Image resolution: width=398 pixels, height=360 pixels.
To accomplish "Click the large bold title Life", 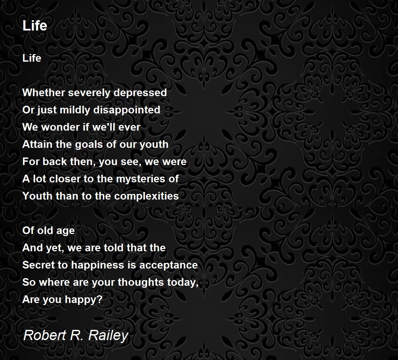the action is [35, 26].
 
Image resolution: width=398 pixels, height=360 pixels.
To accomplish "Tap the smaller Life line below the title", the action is [32, 58].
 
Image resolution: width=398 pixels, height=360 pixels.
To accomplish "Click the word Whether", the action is [44, 92].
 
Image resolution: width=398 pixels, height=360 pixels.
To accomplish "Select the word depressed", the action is [140, 92].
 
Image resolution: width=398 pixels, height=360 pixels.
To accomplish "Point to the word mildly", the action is [75, 110].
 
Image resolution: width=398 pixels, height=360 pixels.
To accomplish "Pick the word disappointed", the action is [127, 110].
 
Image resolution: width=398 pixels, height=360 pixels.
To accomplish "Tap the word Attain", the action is [37, 145].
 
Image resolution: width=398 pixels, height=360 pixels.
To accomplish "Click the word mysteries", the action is [141, 179].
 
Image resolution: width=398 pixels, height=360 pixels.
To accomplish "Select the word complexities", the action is [146, 196].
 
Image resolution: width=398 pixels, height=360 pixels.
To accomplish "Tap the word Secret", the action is [38, 265].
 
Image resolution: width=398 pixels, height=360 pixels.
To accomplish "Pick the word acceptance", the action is [168, 265].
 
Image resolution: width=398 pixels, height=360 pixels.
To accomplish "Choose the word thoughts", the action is [141, 282].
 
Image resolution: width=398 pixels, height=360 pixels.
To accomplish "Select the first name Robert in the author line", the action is [44, 335].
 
